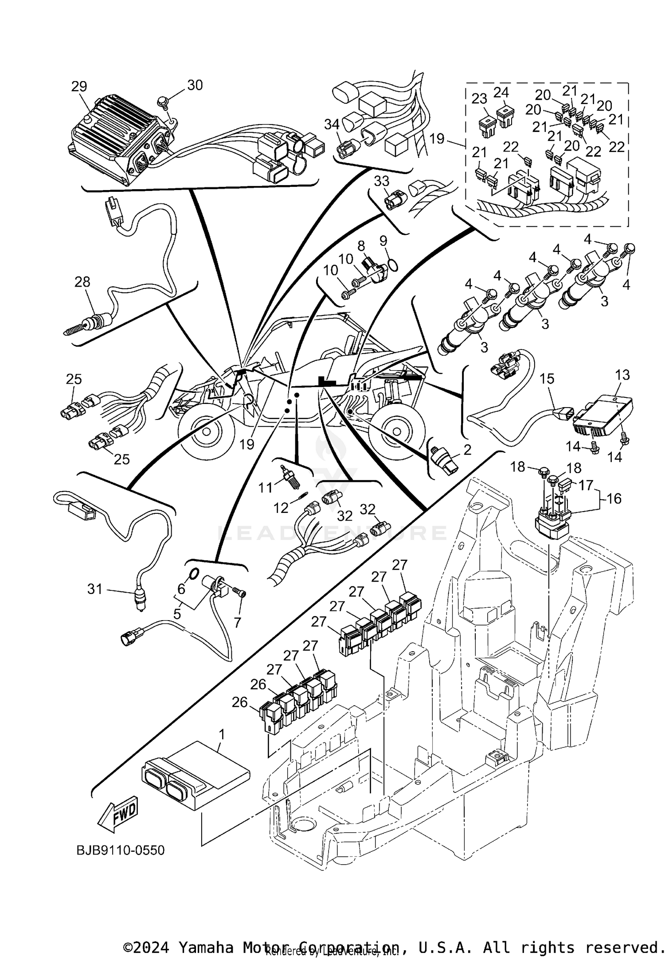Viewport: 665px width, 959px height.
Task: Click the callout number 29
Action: pyautogui.click(x=79, y=86)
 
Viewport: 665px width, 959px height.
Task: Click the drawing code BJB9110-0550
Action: pyautogui.click(x=121, y=850)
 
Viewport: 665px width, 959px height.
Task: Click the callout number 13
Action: pyautogui.click(x=622, y=375)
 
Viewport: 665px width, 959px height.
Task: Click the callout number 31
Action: pyautogui.click(x=95, y=589)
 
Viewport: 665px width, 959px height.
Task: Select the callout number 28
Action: pyautogui.click(x=82, y=282)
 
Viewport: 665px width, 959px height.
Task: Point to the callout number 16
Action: pyautogui.click(x=614, y=498)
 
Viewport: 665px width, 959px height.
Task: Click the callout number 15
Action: pyautogui.click(x=547, y=379)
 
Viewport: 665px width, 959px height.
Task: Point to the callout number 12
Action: pyautogui.click(x=281, y=508)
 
